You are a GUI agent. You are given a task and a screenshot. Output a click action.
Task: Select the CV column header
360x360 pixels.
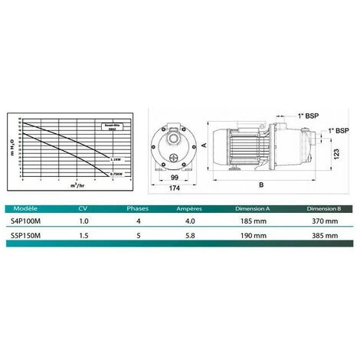(83, 207)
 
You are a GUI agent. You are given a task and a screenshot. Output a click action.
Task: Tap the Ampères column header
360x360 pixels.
(189, 207)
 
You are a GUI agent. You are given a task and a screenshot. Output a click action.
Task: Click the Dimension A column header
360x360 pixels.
(254, 207)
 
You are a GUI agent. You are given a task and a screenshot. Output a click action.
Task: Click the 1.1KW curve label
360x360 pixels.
(116, 159)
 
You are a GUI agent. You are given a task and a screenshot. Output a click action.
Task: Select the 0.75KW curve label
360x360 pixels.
(117, 175)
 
